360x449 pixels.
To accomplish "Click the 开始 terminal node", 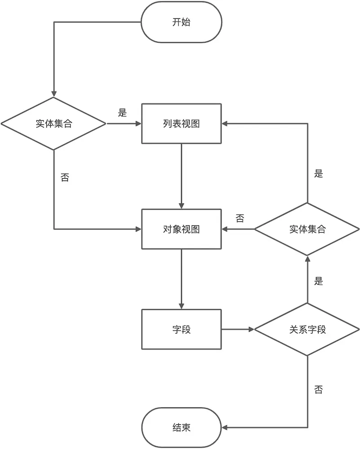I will (x=181, y=22).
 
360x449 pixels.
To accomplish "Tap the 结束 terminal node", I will (x=181, y=427).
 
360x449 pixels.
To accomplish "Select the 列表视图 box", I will (x=181, y=124).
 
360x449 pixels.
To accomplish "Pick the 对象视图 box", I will (x=181, y=229).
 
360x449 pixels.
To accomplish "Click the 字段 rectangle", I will (x=181, y=329).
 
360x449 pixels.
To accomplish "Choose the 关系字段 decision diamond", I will (x=307, y=329).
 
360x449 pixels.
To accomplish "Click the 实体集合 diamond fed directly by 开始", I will (x=53, y=124).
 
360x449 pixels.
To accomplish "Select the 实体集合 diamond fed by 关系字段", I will (x=307, y=229).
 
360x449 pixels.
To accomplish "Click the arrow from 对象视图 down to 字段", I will (x=181, y=278).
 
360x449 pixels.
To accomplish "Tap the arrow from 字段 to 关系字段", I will (x=237, y=329).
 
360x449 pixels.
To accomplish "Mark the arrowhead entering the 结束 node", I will (x=225, y=427).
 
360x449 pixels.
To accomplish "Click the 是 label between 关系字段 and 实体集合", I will (x=319, y=282).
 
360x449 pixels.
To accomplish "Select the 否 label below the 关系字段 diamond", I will (x=319, y=389).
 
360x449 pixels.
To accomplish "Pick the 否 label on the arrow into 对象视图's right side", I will (x=240, y=219).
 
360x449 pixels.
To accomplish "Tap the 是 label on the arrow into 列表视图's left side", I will (x=122, y=113).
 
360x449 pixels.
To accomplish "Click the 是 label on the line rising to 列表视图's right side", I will (x=319, y=174).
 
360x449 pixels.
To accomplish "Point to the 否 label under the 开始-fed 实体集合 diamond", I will (x=65, y=177).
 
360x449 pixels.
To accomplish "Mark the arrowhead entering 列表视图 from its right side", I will (x=225, y=124).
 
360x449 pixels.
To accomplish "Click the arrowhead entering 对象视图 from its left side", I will (x=138, y=229).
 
